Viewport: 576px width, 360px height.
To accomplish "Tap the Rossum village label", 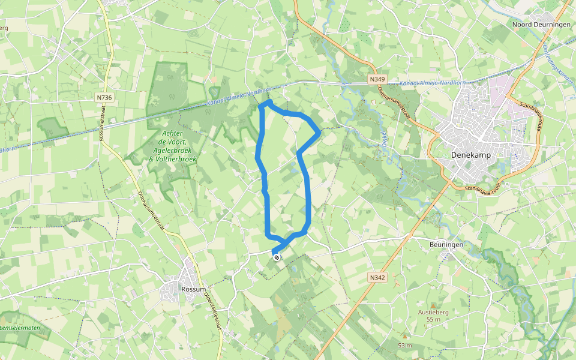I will pos(193,289).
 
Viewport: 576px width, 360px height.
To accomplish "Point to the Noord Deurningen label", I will pos(539,25).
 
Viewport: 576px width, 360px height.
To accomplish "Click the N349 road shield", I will pos(377,79).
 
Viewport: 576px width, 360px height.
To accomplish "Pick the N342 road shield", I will pos(376,278).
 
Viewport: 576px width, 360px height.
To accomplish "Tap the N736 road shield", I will pos(104,97).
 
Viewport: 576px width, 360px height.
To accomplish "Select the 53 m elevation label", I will pos(404,346).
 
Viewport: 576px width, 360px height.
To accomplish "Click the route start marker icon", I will pos(277,257).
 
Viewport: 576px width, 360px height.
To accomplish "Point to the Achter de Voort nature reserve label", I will pos(168,146).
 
